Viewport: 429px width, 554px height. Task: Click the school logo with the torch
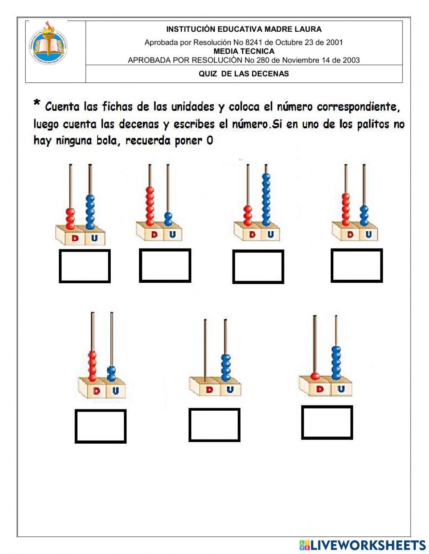point(48,43)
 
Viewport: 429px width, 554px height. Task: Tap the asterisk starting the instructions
point(37,103)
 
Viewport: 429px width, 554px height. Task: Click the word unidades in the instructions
point(193,106)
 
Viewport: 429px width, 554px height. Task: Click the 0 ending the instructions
point(209,140)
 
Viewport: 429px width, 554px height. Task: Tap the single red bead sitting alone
point(315,376)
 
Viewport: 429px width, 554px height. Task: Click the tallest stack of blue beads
point(266,199)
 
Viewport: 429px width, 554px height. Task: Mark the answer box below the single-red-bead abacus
point(327,422)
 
